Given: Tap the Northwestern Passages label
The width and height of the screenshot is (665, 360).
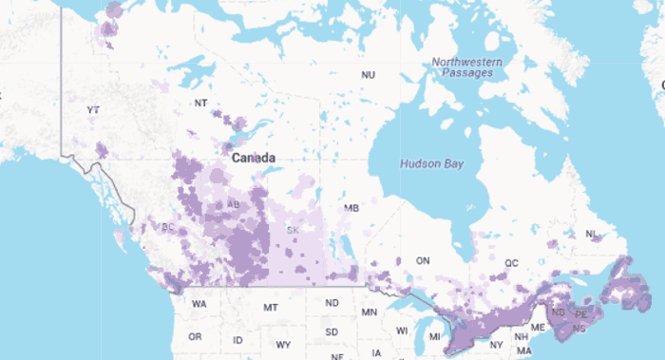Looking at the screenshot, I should (x=463, y=67).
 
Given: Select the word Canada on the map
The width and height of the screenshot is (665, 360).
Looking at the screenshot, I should (x=254, y=158).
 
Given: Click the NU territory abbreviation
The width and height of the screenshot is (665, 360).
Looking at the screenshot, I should (x=368, y=75).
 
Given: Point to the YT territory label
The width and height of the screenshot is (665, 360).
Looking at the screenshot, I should (x=93, y=111).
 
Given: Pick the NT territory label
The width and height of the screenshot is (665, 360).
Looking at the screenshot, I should (x=200, y=103).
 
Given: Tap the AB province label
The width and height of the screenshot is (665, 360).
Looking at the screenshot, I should (x=233, y=205).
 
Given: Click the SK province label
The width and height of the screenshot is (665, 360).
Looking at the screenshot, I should (x=294, y=231).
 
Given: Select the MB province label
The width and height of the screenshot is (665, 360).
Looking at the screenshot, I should (x=351, y=208).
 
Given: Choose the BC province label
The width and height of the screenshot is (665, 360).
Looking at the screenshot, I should (x=168, y=228).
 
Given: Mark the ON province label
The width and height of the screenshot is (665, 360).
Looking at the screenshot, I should (x=424, y=260).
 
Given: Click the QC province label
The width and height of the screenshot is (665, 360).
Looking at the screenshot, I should (x=512, y=263).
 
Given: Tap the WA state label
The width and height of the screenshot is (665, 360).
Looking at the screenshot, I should (x=199, y=305).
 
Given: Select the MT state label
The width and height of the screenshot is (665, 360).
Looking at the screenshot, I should (x=271, y=308).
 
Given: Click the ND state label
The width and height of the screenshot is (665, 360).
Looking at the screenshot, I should (x=332, y=303).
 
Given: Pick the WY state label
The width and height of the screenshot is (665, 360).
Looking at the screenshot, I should (x=283, y=344).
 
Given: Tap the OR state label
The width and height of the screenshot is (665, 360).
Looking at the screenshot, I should (x=195, y=337).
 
